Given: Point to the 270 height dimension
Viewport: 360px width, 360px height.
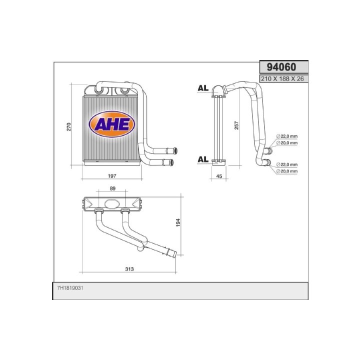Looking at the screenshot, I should tap(69, 126).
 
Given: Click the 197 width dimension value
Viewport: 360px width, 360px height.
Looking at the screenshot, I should tap(112, 175).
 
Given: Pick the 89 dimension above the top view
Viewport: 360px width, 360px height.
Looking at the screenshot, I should tap(112, 188).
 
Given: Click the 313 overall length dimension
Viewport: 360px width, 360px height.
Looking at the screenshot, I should tap(129, 268).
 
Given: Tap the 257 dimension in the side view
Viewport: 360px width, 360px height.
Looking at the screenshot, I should tap(236, 126).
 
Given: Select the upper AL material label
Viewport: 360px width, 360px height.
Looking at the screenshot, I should tap(202, 88).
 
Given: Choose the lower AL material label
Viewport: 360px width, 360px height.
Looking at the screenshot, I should tap(202, 159).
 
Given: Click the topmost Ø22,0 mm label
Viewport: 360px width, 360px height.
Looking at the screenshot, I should tap(286, 136).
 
